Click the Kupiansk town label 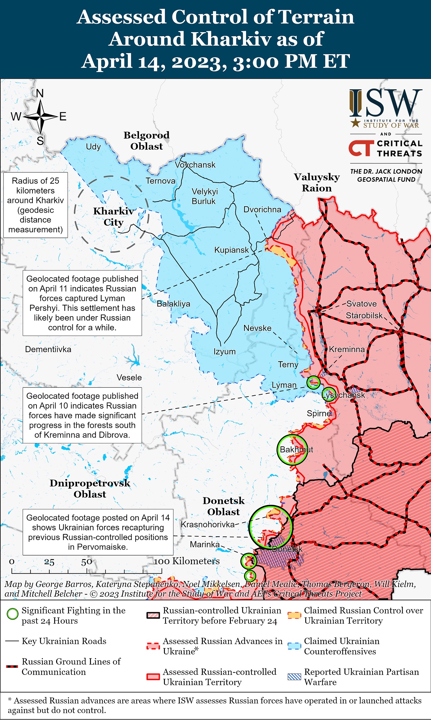click(x=231, y=250)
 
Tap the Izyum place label click(x=224, y=351)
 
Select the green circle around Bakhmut click(x=292, y=450)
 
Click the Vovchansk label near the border click(x=195, y=165)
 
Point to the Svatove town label click(x=361, y=304)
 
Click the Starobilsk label click(x=364, y=316)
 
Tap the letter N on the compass click(x=40, y=93)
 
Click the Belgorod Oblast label click(x=146, y=141)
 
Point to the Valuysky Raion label click(x=316, y=183)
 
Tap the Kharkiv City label click(x=113, y=216)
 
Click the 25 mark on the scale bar click(x=49, y=562)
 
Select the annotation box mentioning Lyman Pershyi click(x=82, y=303)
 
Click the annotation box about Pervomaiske click(x=98, y=532)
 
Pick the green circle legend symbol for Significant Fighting click(x=13, y=614)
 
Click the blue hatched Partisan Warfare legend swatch click(x=294, y=677)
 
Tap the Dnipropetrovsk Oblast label click(x=90, y=488)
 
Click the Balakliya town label click(x=173, y=304)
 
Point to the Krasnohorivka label click(x=208, y=524)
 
